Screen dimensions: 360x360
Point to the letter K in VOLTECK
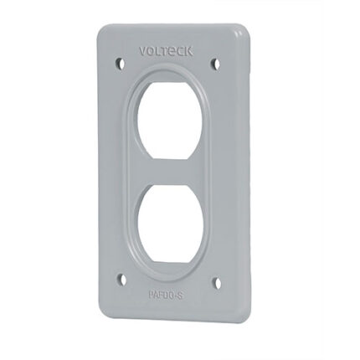pos(191,51)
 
